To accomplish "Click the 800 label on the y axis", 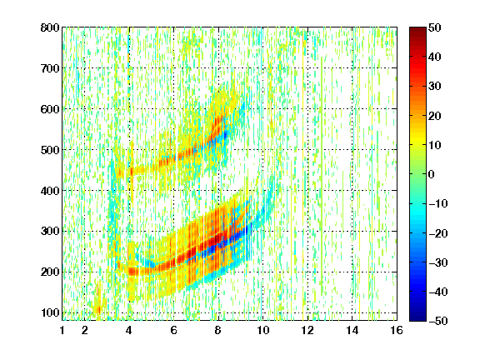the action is tap(50, 27).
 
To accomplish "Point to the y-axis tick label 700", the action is tap(50, 68).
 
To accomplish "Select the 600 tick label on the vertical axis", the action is tap(50, 109).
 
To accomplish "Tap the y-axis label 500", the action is tap(50, 150).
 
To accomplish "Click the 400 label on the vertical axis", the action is tap(50, 191).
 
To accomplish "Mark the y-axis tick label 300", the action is tap(50, 232).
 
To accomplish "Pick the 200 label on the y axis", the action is tap(50, 272).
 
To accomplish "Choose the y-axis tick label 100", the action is tap(50, 312).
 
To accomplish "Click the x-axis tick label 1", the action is tap(62, 330).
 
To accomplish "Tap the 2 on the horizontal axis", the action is tap(85, 330).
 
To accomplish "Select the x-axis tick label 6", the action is tap(174, 330).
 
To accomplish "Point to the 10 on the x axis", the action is tap(262, 330).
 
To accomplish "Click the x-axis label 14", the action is tap(352, 330).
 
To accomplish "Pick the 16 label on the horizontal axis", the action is tap(397, 330).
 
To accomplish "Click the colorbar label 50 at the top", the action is tap(435, 27).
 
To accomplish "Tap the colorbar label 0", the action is tap(432, 174).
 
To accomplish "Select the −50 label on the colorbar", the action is tap(438, 321).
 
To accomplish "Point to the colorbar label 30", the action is tap(435, 87).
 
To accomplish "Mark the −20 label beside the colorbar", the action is tap(438, 233).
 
